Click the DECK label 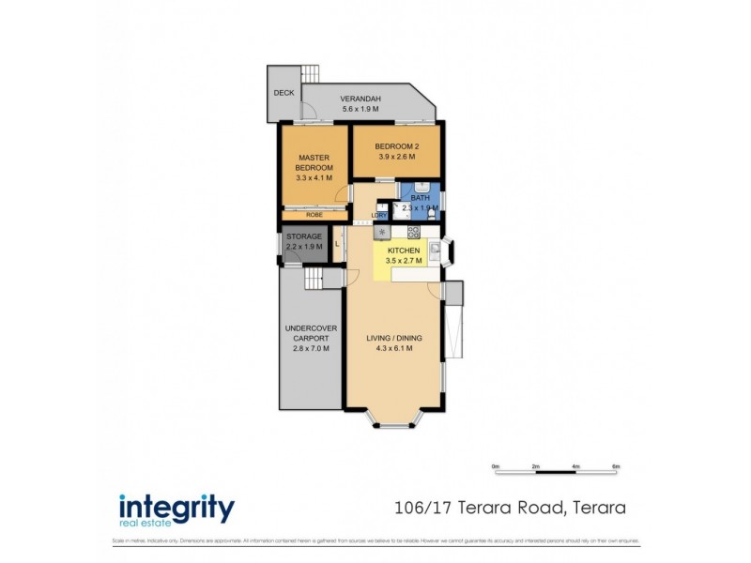[x=283, y=93]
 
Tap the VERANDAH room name [x=360, y=99]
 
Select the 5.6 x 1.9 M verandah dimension [x=360, y=109]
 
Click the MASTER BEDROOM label [x=314, y=162]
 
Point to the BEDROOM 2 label [x=394, y=147]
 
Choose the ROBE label [x=314, y=215]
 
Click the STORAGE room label [x=304, y=236]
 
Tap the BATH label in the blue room [x=421, y=198]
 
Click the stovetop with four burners [x=413, y=232]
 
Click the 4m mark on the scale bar [x=575, y=465]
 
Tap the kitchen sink [x=436, y=250]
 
